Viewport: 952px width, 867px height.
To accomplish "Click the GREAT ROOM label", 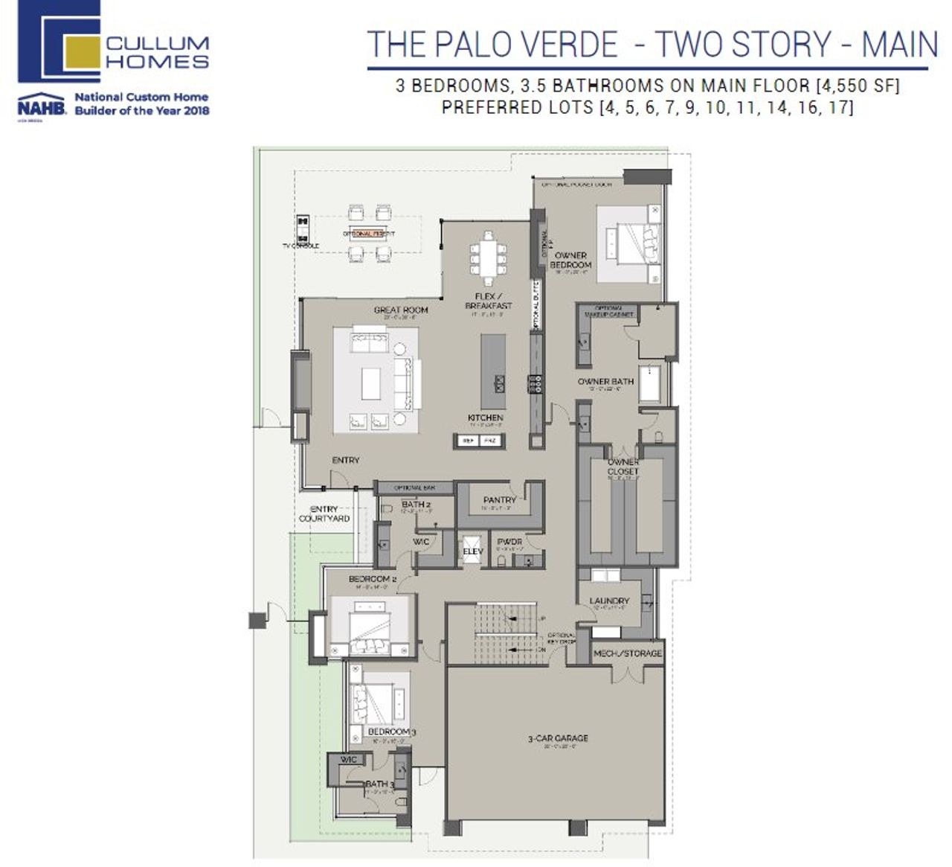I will pos(401,310).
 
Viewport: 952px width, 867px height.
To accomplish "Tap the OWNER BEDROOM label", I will pos(570,260).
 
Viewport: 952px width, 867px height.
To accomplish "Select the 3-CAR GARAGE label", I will pos(558,738).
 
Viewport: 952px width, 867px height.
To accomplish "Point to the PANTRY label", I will pos(499,500).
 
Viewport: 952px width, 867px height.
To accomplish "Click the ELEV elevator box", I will pos(472,551).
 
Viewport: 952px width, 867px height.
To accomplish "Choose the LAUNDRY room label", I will pos(609,601).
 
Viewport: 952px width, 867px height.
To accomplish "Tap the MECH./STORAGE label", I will pos(627,653).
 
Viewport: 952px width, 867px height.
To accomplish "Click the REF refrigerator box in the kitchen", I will pos(469,441).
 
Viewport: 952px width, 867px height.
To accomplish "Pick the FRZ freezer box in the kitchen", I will pos(489,441).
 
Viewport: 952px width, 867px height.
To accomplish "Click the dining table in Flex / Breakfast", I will pos(488,257).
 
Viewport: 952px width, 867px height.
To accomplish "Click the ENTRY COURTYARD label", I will pos(324,514).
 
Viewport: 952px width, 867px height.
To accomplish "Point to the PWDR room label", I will pos(509,542).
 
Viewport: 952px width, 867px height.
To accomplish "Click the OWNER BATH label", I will pos(605,381).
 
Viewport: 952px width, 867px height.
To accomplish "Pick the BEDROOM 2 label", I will pos(373,579).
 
